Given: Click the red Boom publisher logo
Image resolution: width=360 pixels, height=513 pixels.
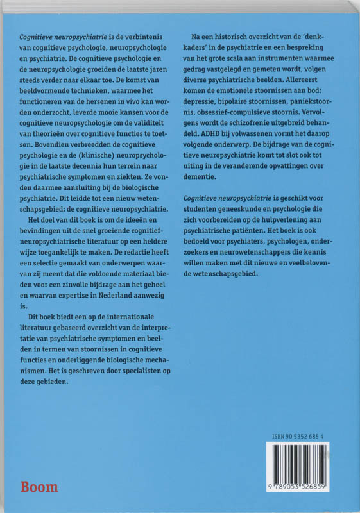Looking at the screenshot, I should [x=40, y=487].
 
